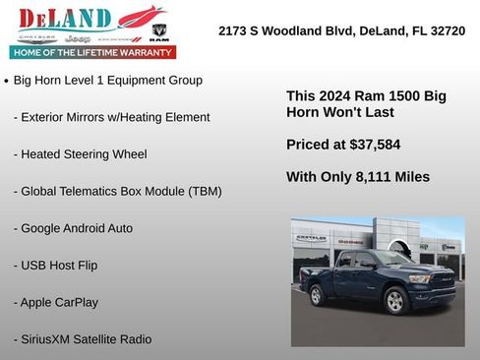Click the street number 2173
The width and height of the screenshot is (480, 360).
pos(234,31)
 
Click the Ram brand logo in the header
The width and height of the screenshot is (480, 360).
pos(159,32)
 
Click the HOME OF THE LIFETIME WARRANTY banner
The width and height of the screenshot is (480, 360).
pos(92,52)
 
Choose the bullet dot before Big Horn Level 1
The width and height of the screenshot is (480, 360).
pos(7,81)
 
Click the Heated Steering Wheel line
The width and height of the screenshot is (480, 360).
pos(80,154)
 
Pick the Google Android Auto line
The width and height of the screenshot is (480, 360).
pos(73,228)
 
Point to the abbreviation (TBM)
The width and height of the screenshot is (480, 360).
pos(201,191)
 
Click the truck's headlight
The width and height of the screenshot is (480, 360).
pos(418,278)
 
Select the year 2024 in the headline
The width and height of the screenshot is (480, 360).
pos(332,96)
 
